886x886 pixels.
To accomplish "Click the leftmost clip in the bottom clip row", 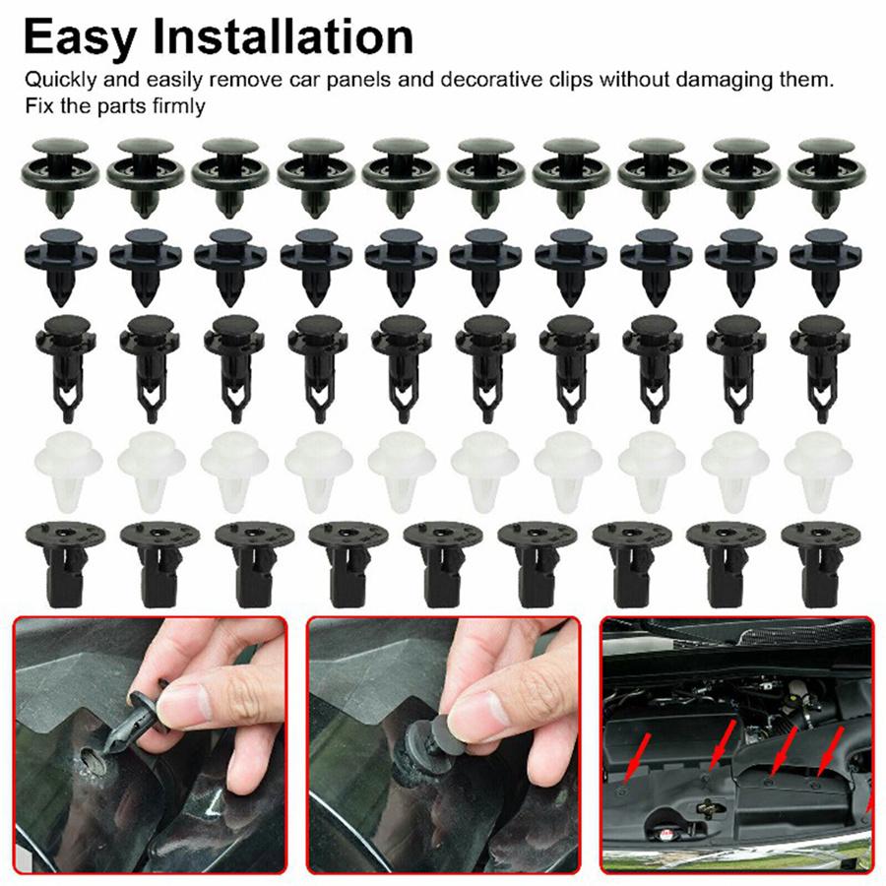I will click(x=64, y=561).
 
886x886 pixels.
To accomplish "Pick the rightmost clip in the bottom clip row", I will click(x=821, y=561).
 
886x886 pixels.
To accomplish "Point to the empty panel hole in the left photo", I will click(x=91, y=759).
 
